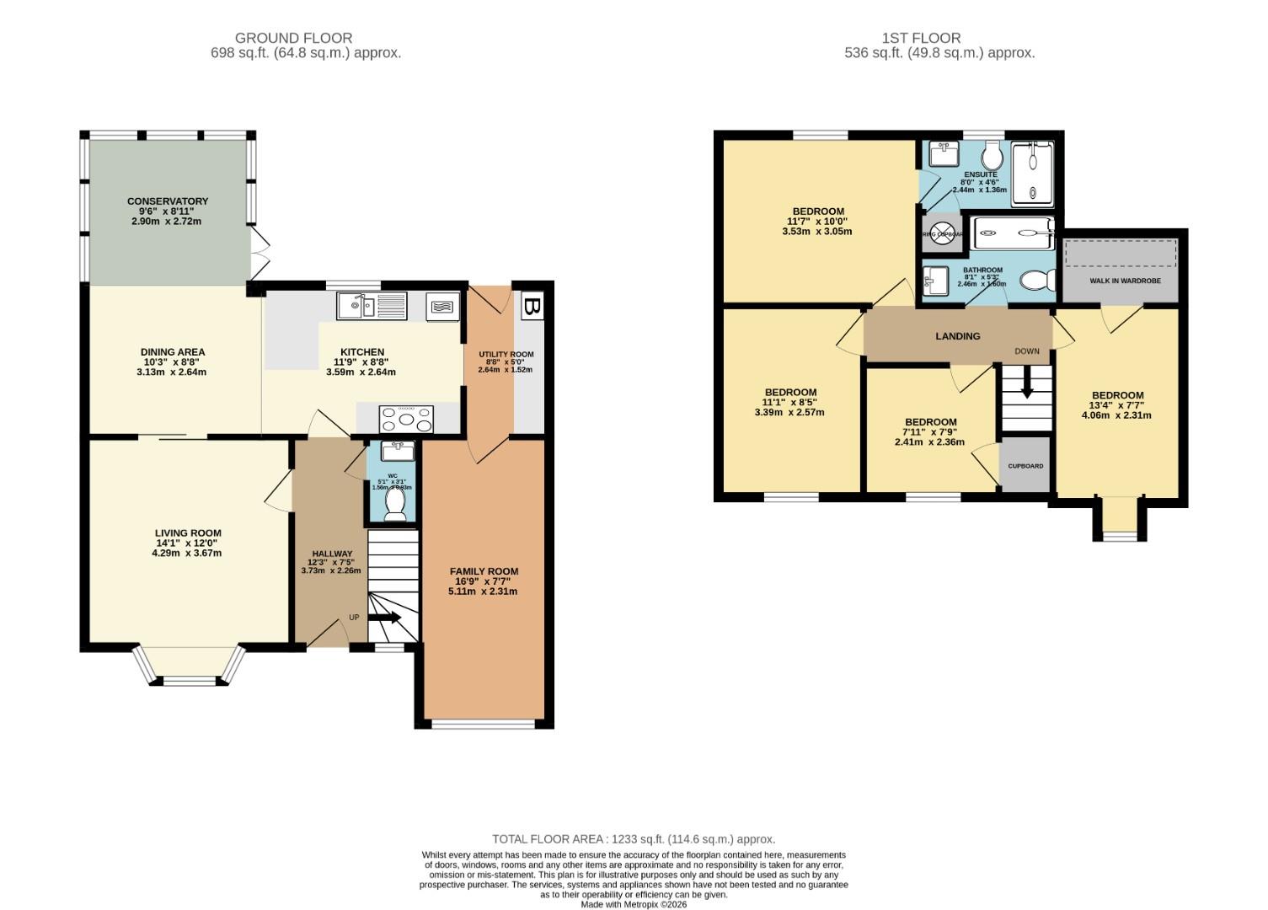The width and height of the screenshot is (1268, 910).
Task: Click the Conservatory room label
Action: tap(168, 201)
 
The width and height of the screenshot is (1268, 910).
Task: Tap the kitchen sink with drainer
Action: tap(372, 305)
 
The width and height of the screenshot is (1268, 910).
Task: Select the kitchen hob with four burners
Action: tap(407, 419)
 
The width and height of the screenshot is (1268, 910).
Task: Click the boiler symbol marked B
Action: tap(531, 307)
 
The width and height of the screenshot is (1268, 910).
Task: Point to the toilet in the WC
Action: tap(393, 503)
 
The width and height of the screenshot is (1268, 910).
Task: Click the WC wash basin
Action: tap(398, 451)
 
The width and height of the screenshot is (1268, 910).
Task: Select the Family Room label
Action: tap(484, 571)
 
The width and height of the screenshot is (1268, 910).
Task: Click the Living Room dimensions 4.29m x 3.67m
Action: tap(187, 554)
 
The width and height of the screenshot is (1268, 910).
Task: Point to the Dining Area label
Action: tap(172, 352)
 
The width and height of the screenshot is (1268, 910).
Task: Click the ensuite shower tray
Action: tap(1032, 174)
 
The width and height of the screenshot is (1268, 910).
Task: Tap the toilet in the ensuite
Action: tap(992, 155)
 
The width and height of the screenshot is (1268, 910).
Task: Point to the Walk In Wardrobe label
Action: tap(1121, 281)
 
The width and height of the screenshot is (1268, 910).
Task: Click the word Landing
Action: tap(958, 336)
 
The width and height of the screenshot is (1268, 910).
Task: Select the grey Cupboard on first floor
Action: tap(1025, 465)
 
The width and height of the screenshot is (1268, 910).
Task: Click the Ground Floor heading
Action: tap(293, 38)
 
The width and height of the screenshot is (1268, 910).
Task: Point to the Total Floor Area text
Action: tap(634, 839)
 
